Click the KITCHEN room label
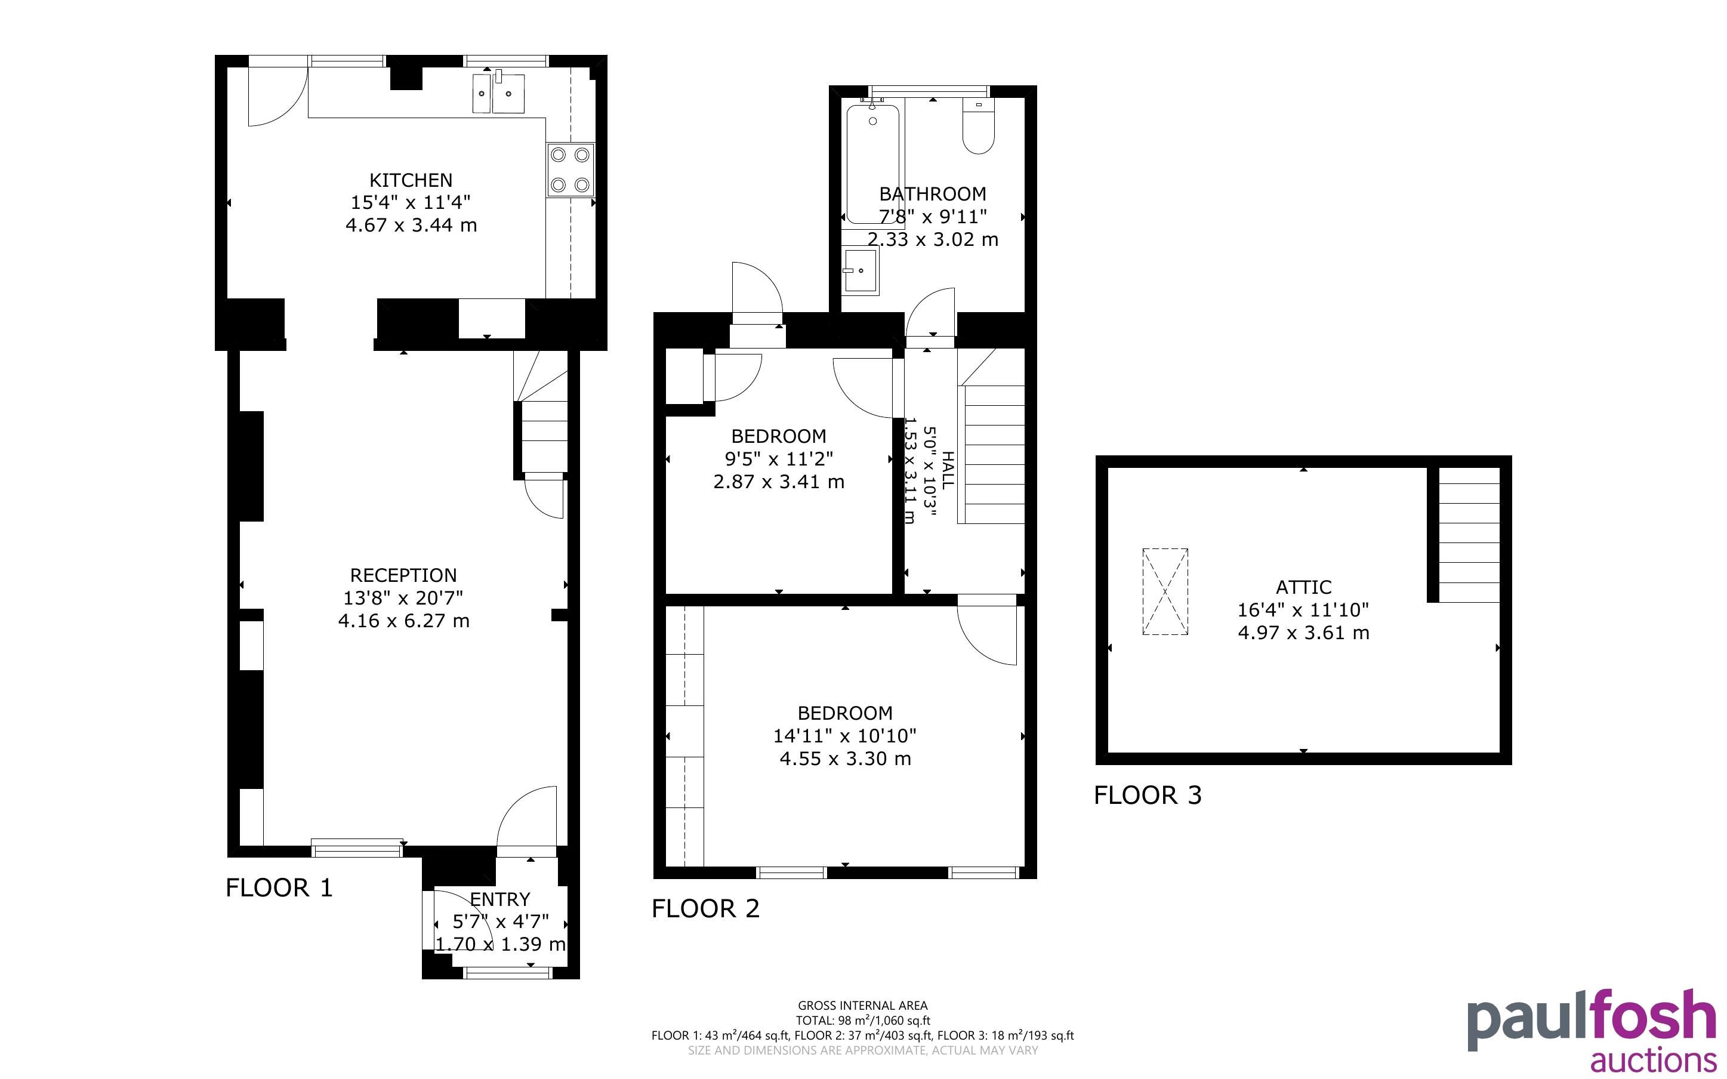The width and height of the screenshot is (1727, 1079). point(411,180)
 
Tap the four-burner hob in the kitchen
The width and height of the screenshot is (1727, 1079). point(570,170)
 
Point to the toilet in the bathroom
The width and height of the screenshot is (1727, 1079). point(978,127)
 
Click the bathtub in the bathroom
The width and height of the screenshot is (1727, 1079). point(872,165)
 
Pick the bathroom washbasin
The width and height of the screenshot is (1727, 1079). point(861,270)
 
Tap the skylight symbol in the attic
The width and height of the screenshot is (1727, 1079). point(1165,591)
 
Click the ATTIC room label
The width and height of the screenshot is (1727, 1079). point(1303,587)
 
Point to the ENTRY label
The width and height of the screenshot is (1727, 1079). point(500,899)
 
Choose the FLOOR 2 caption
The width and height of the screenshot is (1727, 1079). point(705,908)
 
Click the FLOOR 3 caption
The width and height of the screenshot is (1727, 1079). point(1148,795)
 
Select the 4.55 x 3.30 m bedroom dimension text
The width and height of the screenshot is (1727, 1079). point(846,758)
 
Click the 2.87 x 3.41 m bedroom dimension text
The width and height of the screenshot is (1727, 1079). point(779,482)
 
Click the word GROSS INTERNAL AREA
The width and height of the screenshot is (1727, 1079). point(862,1006)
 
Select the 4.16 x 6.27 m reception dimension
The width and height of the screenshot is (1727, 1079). point(404,621)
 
